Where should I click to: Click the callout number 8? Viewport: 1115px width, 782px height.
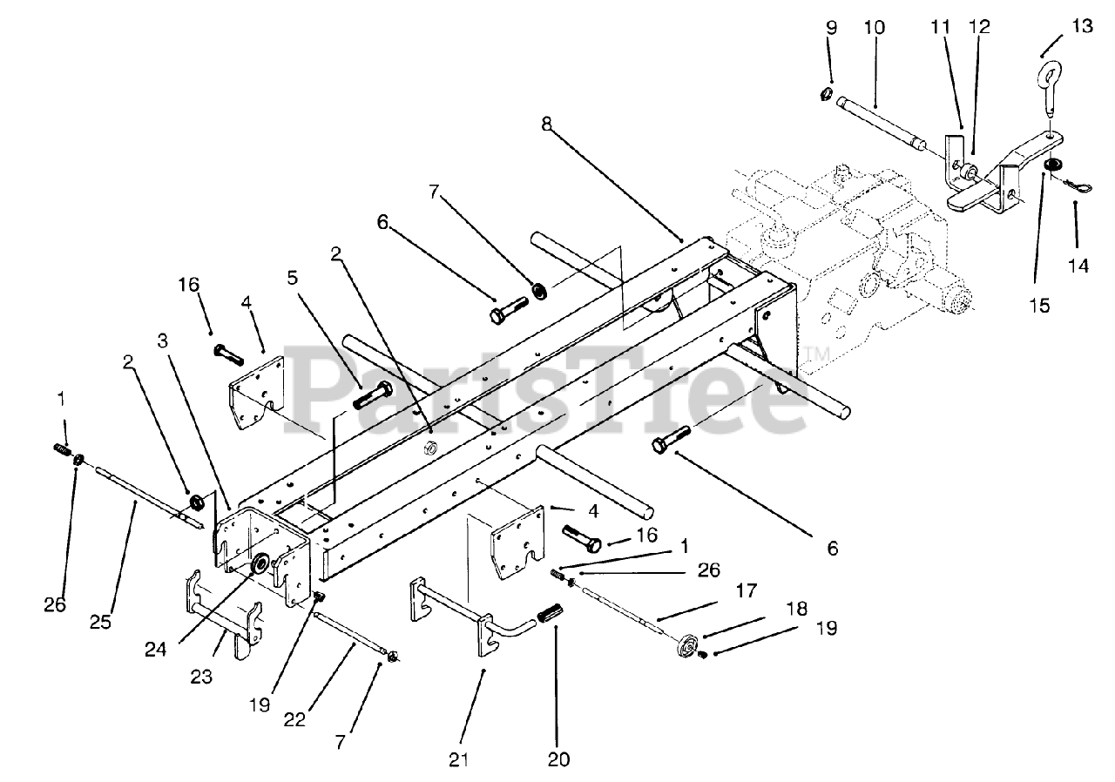coord(547,124)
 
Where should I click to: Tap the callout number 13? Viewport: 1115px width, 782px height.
coord(1082,25)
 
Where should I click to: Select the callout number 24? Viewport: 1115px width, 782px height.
coord(155,649)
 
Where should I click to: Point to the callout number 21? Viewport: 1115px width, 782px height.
coord(458,759)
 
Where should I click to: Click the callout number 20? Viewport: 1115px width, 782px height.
coord(558,759)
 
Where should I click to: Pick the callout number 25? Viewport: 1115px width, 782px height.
coord(100,622)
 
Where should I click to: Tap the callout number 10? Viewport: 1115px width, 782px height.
coord(874,27)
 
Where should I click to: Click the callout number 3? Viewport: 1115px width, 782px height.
coord(163,340)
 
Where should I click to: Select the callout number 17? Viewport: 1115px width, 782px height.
coord(747,590)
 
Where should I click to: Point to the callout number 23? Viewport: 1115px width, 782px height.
coord(201,676)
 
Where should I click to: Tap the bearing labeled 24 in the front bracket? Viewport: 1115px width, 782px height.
coord(260,563)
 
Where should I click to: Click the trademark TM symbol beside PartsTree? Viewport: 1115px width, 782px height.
coord(816,354)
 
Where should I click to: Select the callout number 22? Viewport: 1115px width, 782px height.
coord(294,720)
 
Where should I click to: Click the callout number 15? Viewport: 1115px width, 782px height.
coord(1040,305)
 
